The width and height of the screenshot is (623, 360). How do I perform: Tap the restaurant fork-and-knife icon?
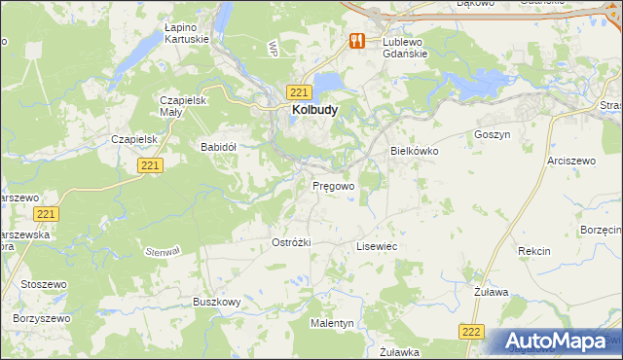click(357, 41)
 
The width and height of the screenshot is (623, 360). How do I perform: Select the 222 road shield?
click(472, 332)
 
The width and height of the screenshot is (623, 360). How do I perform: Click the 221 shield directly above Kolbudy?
click(300, 91)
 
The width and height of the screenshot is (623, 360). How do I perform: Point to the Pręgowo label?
click(333, 185)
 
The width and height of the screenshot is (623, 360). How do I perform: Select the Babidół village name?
click(219, 147)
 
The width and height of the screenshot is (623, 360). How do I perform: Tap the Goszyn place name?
click(492, 134)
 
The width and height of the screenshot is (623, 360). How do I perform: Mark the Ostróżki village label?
click(291, 242)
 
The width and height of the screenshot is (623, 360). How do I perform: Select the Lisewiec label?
click(377, 247)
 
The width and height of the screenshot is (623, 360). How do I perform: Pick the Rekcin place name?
click(534, 251)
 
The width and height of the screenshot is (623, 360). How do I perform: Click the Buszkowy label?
click(217, 303)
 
